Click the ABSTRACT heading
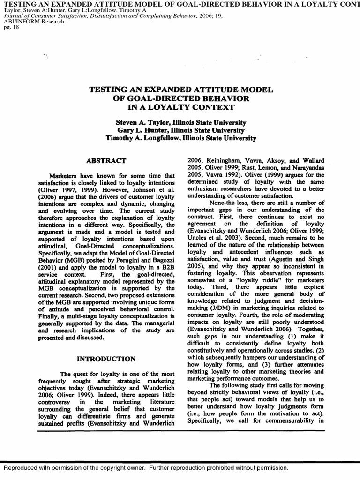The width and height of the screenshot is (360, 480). (x=106, y=161)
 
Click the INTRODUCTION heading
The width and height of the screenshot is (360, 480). (x=106, y=359)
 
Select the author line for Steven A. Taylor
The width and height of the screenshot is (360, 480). (x=181, y=122)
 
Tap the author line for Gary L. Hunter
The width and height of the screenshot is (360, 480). (x=181, y=130)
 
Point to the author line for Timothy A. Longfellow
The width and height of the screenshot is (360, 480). (x=181, y=138)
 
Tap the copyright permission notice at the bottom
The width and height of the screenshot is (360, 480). (x=145, y=468)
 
